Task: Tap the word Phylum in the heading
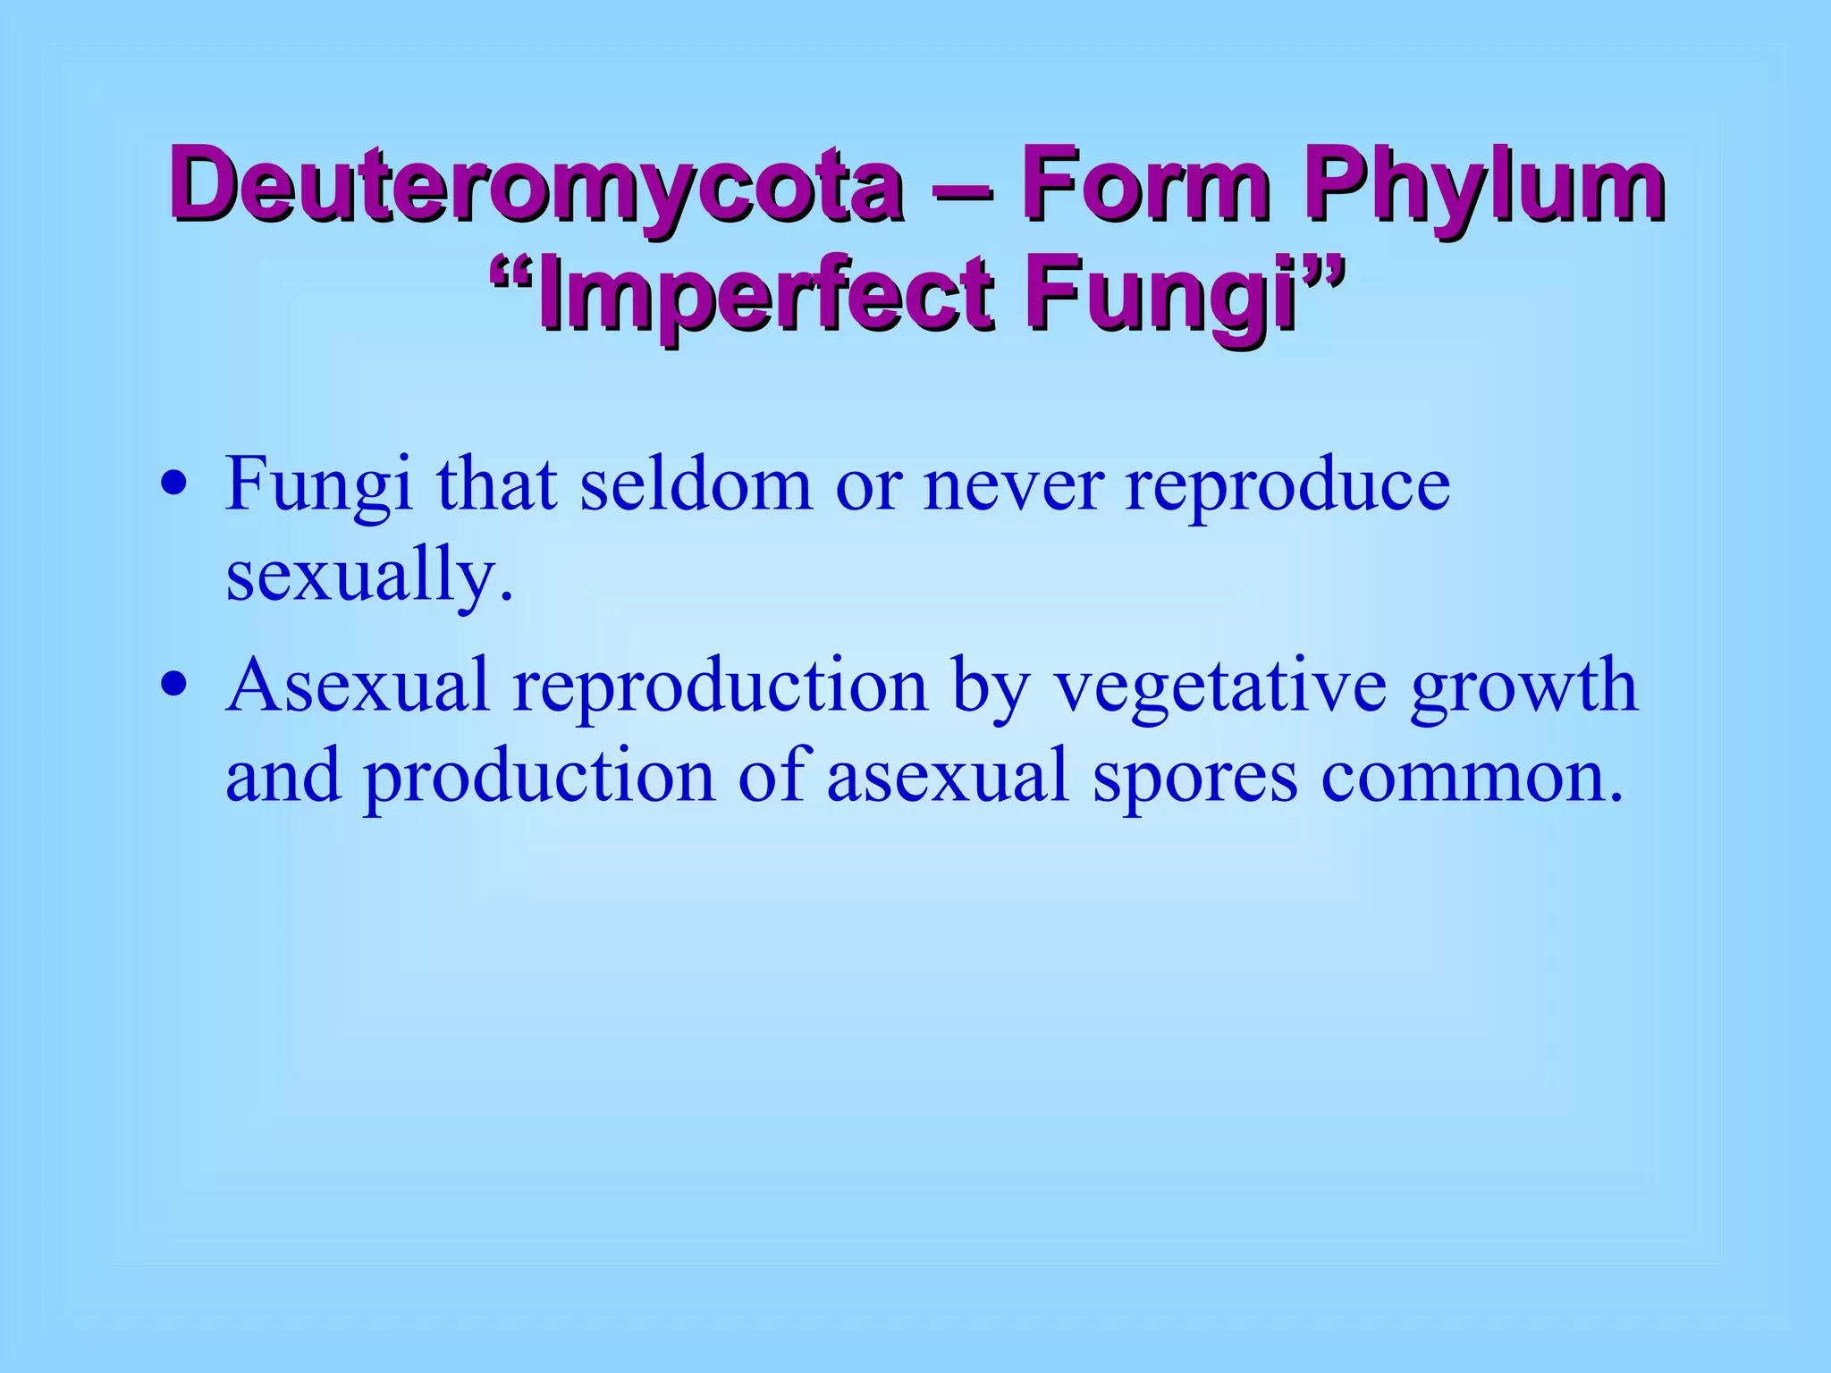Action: [1483, 187]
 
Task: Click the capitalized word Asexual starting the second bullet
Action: [357, 686]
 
